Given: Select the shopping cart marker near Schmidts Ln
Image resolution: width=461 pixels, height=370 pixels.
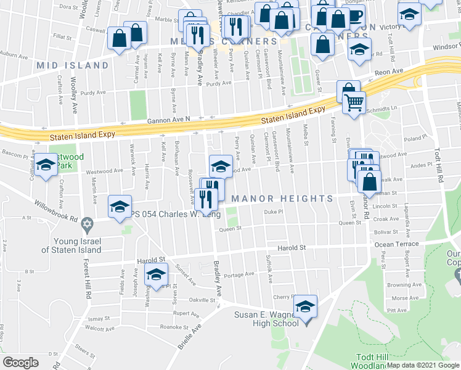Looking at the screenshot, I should [354, 103].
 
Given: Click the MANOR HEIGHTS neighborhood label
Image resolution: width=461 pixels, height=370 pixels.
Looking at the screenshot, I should [282, 198].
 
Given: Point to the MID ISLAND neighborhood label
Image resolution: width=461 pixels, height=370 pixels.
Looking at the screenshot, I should [72, 65].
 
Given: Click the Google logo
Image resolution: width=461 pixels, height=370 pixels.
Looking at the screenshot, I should [20, 362].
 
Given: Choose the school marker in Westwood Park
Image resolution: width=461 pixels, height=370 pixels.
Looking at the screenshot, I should [46, 165].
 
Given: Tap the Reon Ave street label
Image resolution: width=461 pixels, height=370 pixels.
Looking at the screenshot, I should [390, 72].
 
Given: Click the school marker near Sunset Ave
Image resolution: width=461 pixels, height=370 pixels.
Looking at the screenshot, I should [157, 275].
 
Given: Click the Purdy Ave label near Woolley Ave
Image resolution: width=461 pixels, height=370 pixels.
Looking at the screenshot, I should [92, 92].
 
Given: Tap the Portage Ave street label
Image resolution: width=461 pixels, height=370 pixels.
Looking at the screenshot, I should [240, 274].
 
